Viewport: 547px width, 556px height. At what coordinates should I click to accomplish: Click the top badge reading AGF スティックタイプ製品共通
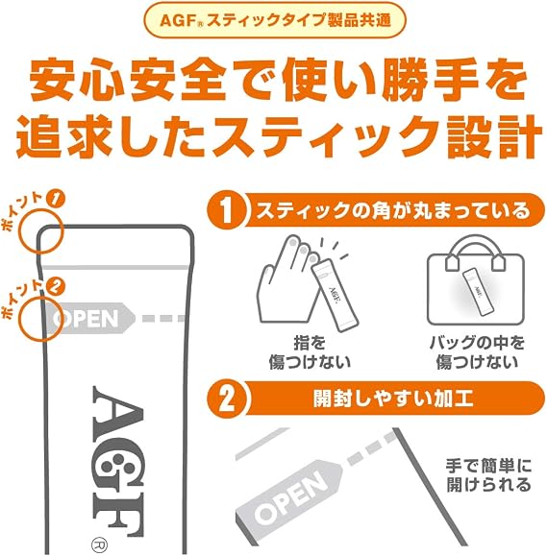(x=274, y=20)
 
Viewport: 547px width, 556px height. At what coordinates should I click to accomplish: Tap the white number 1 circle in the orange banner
(x=227, y=210)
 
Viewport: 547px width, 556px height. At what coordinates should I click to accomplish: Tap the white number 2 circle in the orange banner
(x=227, y=399)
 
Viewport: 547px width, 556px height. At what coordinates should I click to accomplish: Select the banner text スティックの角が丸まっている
(x=392, y=210)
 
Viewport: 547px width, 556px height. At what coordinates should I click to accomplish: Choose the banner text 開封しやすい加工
(x=392, y=399)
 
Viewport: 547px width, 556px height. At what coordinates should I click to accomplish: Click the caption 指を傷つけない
(x=310, y=352)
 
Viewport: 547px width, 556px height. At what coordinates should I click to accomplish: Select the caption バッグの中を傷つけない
(x=477, y=352)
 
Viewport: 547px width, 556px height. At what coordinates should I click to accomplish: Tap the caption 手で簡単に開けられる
(x=488, y=475)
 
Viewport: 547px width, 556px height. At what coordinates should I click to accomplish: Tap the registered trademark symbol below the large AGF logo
(x=99, y=544)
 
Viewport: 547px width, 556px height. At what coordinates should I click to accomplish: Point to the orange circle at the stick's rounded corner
(x=41, y=231)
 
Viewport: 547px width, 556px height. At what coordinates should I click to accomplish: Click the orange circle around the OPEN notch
(x=41, y=320)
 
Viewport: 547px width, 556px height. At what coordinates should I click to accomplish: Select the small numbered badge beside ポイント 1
(x=56, y=199)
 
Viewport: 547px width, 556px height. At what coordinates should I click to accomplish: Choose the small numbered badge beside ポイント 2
(x=56, y=287)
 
